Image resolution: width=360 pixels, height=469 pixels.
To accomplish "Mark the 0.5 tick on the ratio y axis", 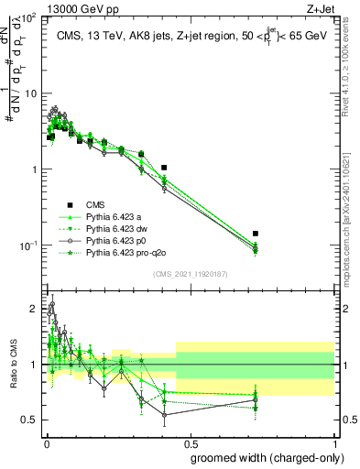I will tap(32, 420).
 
